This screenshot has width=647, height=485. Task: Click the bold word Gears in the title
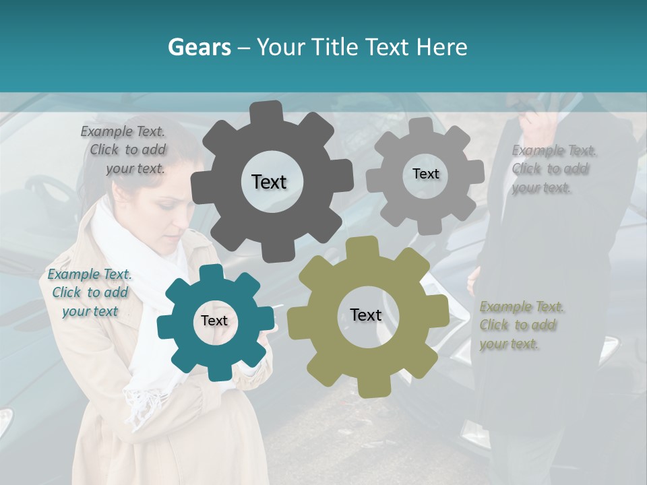pyautogui.click(x=199, y=47)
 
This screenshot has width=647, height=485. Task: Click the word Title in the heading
pyautogui.click(x=335, y=47)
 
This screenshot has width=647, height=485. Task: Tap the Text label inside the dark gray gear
pyautogui.click(x=269, y=182)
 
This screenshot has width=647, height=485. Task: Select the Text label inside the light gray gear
pyautogui.click(x=425, y=174)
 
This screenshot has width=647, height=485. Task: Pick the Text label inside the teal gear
pyautogui.click(x=214, y=321)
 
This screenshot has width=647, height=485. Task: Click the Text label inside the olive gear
pyautogui.click(x=366, y=315)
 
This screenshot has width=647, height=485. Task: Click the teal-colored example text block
pyautogui.click(x=90, y=292)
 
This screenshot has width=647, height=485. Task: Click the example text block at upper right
pyautogui.click(x=553, y=169)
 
